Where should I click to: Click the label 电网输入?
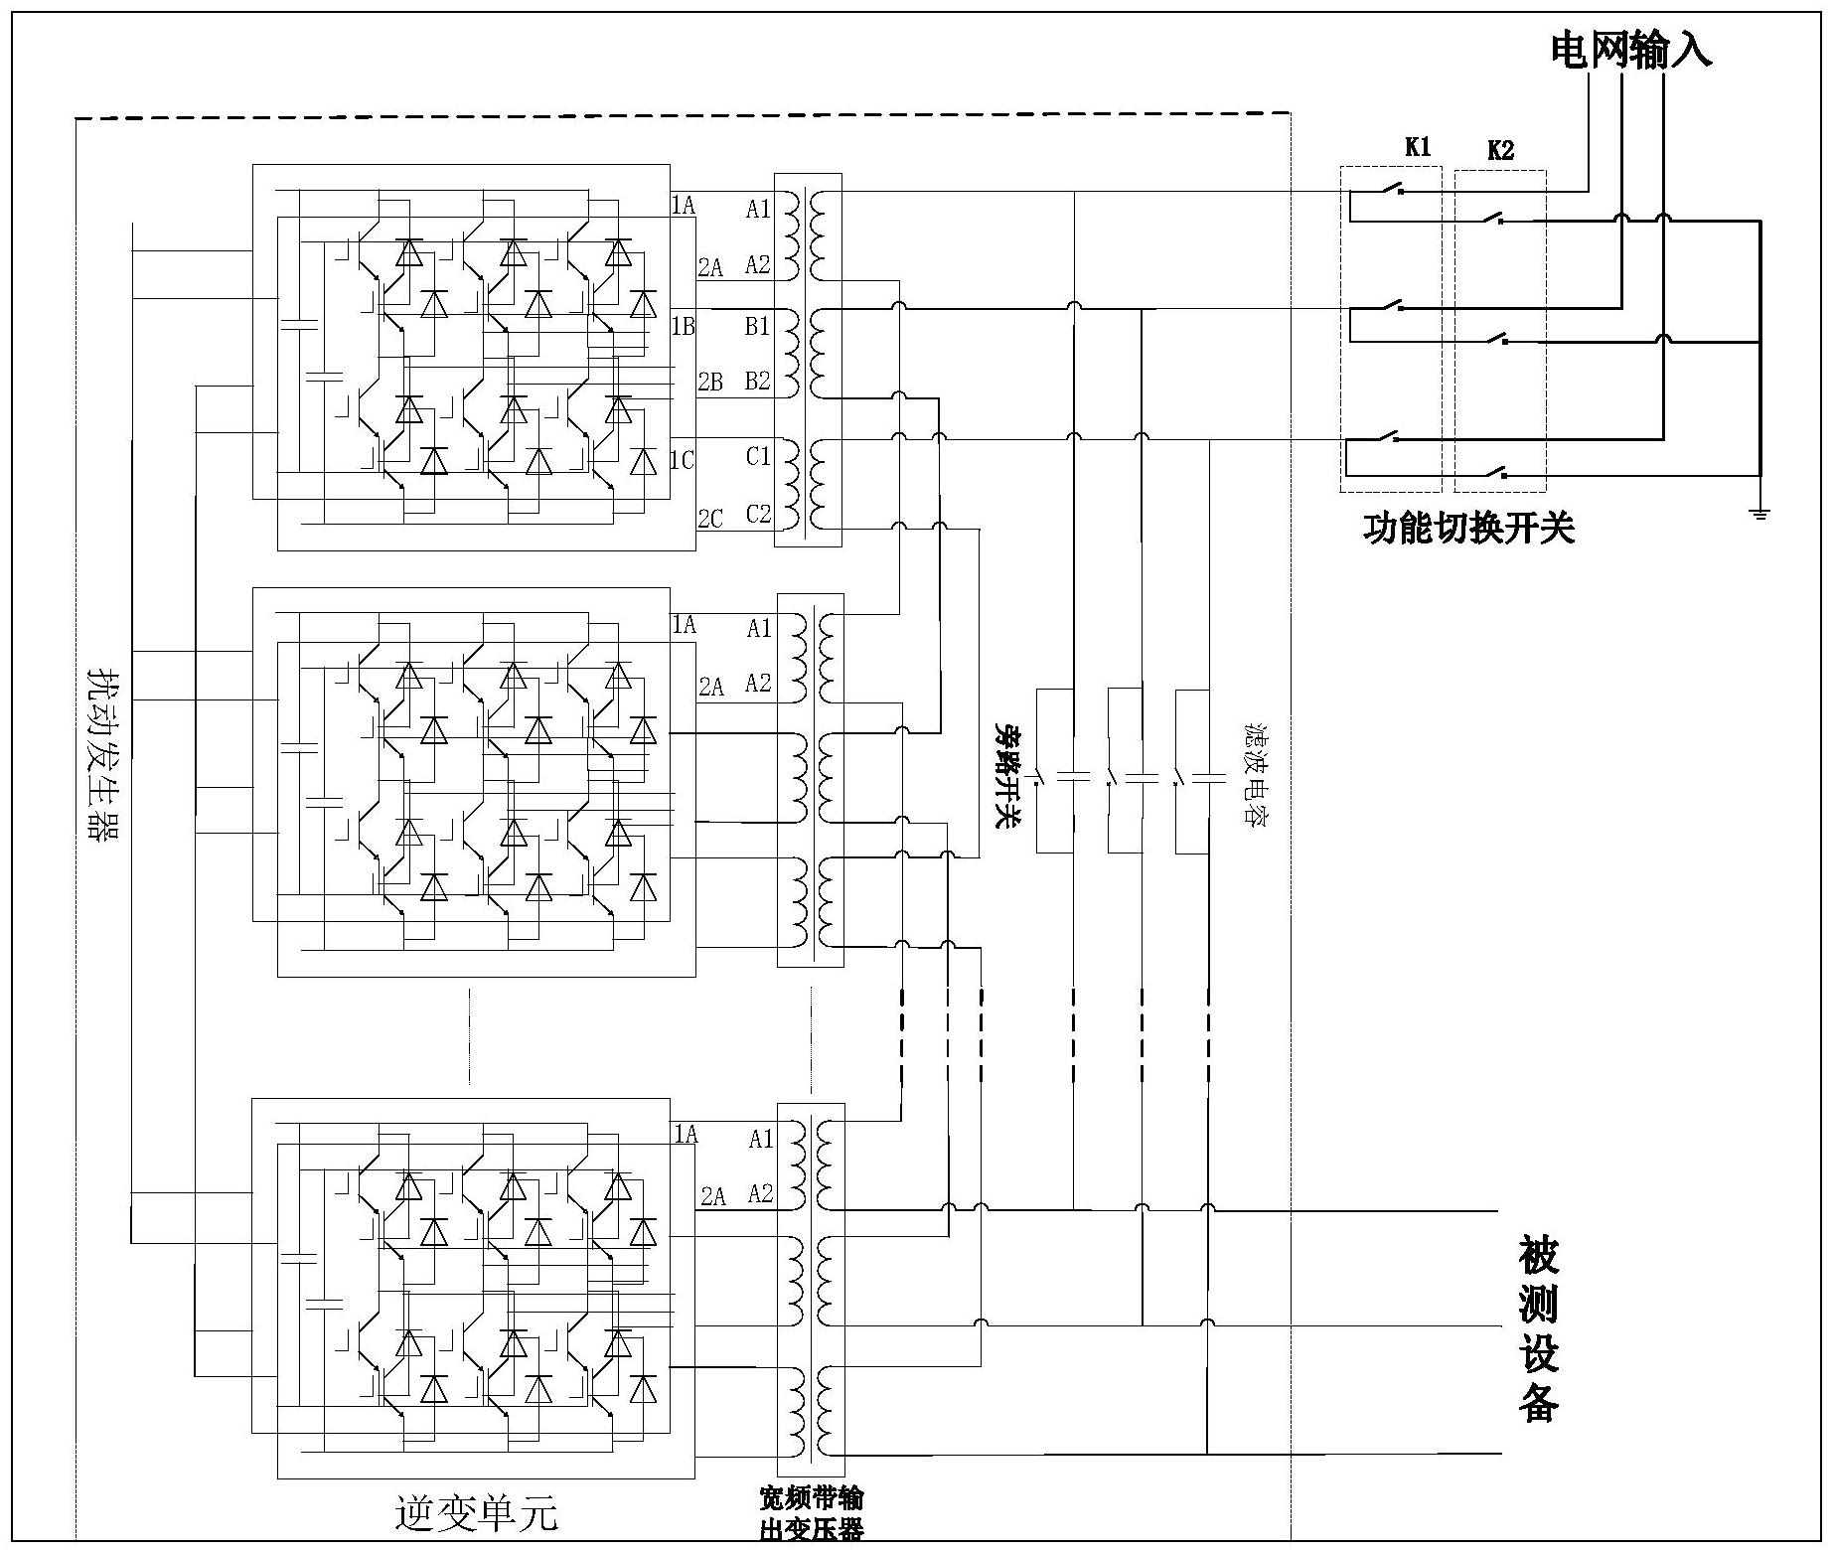click(x=1630, y=51)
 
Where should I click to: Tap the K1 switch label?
click(x=1418, y=147)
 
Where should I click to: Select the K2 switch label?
click(x=1500, y=151)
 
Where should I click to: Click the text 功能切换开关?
click(x=1468, y=529)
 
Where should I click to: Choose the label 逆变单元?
click(x=476, y=1513)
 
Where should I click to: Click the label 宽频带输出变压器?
click(x=811, y=1513)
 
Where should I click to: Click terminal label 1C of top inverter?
click(x=683, y=460)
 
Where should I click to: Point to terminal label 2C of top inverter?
click(x=710, y=518)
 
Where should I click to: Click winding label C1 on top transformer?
click(x=758, y=456)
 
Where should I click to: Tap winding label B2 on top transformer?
click(x=758, y=381)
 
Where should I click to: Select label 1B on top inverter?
click(x=684, y=326)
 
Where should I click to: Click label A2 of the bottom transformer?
click(x=760, y=1193)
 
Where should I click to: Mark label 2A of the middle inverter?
click(x=711, y=686)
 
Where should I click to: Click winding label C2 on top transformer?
click(x=758, y=514)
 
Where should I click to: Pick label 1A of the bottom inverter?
click(x=686, y=1134)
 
